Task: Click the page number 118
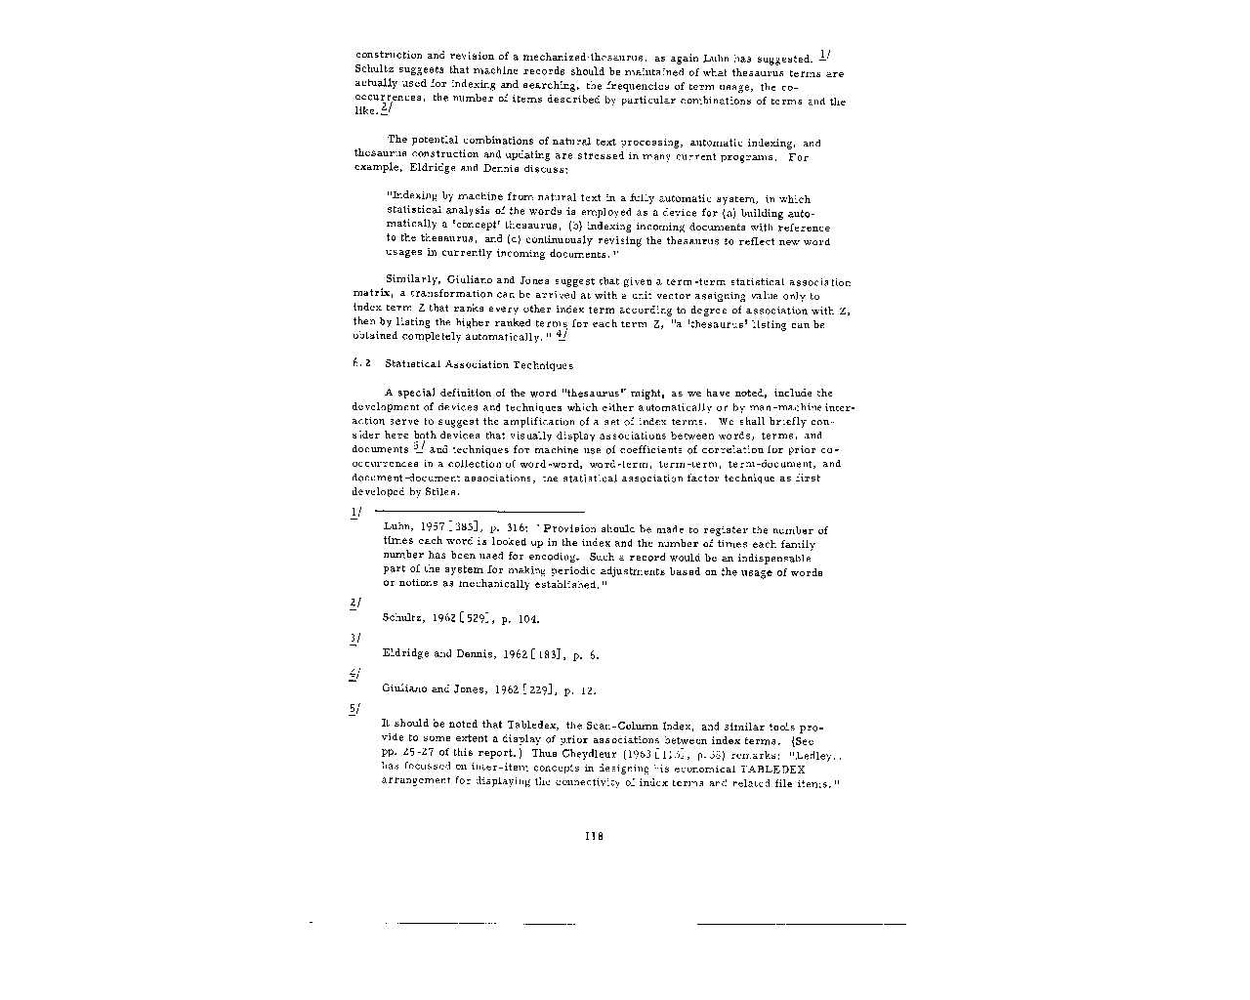pos(594,835)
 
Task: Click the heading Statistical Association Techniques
pos(479,365)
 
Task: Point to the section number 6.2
pos(359,364)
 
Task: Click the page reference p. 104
pos(522,619)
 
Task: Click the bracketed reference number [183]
pos(544,654)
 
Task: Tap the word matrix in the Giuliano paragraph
pos(372,295)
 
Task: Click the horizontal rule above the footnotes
pos(479,511)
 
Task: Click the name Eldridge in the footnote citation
pos(407,654)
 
